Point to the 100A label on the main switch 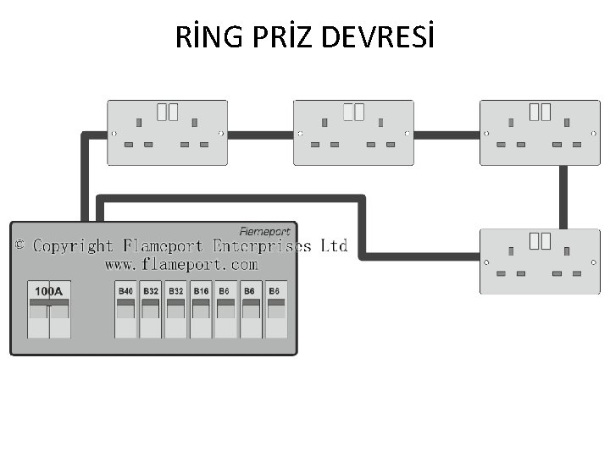coord(48,291)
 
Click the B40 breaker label coord(125,291)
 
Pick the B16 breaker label coord(201,291)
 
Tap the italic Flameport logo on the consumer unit coord(264,231)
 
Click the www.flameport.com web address coord(180,265)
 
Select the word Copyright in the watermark coord(73,246)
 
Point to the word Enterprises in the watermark coord(263,246)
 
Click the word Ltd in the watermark coord(334,246)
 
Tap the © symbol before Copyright coord(20,245)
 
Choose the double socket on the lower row coord(540,262)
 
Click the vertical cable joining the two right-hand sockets coord(563,197)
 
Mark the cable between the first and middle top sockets coord(261,135)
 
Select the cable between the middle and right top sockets coord(446,135)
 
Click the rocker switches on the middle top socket coord(353,111)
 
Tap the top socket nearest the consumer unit coord(168,133)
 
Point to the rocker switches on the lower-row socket coord(540,240)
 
